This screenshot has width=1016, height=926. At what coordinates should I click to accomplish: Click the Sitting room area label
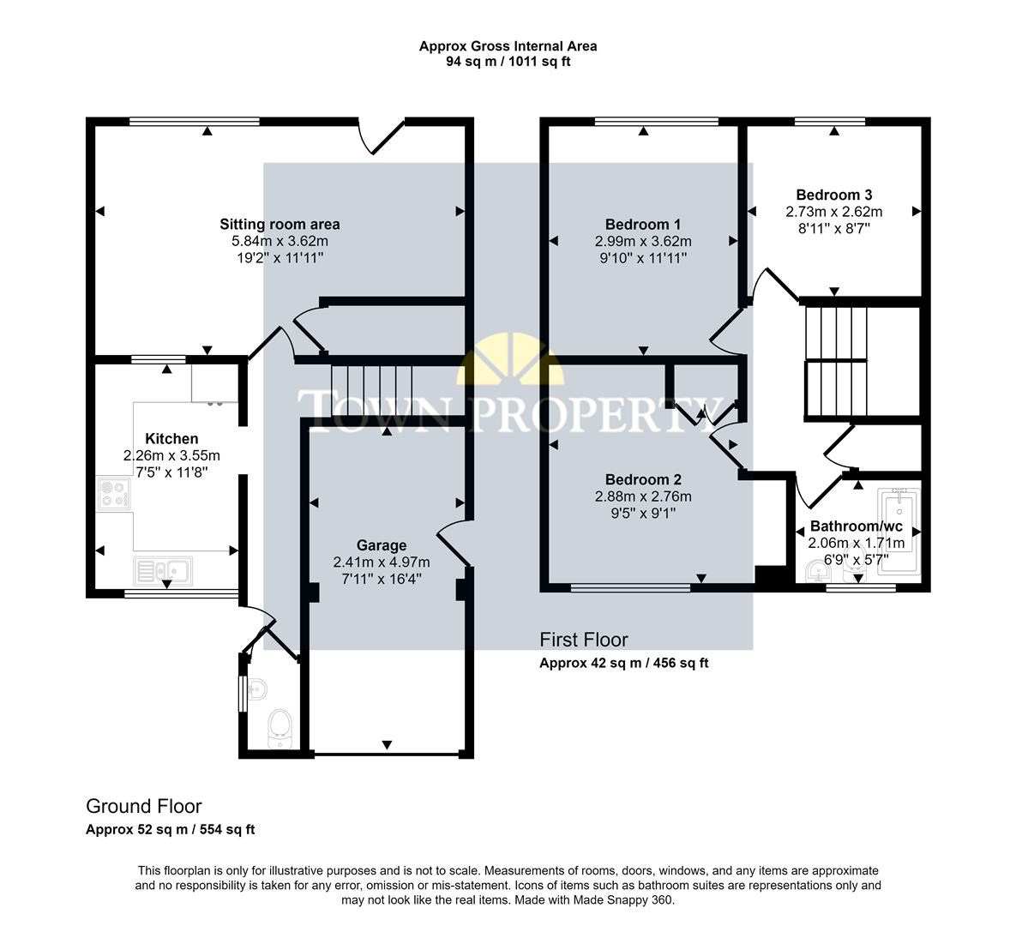tap(280, 224)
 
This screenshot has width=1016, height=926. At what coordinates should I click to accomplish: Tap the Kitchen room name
tap(171, 438)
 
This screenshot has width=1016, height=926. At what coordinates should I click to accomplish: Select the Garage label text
tap(382, 544)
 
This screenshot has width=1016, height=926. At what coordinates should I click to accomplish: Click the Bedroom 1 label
tap(643, 224)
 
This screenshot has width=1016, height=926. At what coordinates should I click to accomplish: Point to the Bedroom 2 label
tap(643, 478)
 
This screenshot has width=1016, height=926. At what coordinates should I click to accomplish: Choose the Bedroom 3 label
tap(833, 195)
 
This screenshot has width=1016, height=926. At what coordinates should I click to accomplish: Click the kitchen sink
tap(163, 568)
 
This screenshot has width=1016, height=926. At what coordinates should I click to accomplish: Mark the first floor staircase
tap(836, 361)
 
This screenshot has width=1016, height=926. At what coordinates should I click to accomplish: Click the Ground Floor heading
tap(144, 806)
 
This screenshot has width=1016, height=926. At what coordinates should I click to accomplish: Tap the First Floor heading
tap(583, 640)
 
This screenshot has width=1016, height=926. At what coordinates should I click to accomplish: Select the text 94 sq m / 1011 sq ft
tap(508, 62)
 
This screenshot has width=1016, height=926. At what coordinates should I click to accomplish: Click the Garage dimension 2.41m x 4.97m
tap(382, 562)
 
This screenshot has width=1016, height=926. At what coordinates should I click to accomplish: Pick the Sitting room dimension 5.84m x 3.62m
tap(280, 241)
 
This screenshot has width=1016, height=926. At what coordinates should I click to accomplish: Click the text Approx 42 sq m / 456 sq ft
tap(623, 663)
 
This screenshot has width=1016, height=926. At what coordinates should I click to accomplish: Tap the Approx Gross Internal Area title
tap(508, 46)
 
